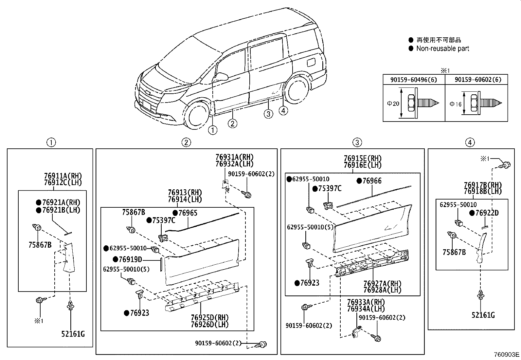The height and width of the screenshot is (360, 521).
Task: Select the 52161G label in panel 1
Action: point(73,334)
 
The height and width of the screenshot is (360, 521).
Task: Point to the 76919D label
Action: point(130,259)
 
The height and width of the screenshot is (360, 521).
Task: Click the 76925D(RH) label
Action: point(209,317)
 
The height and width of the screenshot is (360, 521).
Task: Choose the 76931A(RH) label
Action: point(234,157)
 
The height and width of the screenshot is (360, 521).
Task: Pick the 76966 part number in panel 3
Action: point(372,181)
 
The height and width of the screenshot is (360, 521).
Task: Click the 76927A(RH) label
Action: point(382,284)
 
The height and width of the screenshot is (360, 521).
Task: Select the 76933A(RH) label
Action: point(366,302)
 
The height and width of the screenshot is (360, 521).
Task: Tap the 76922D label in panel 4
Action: point(487,213)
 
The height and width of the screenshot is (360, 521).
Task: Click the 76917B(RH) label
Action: point(483,185)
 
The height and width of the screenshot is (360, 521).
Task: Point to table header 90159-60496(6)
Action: point(414,80)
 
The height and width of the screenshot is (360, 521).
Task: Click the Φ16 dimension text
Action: point(455,104)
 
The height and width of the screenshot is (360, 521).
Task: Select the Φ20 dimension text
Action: point(393,104)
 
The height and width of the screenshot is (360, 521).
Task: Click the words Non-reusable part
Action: point(442,48)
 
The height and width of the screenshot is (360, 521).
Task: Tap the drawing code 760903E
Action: point(506,354)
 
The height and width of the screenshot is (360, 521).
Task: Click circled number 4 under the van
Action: point(283,111)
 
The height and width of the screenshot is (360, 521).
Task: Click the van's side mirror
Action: point(222,77)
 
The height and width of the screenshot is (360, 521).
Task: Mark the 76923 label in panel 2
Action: point(139,313)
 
